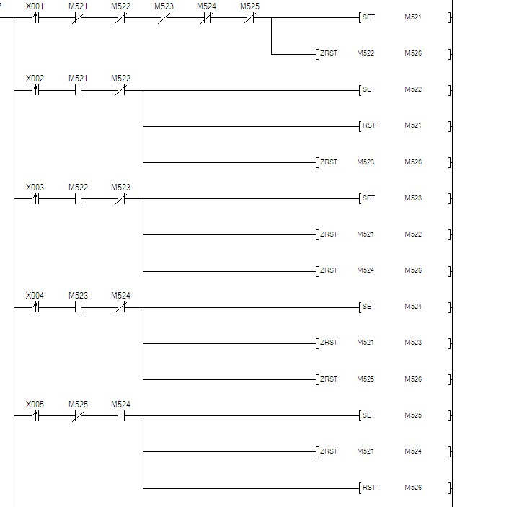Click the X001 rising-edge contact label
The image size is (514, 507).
click(x=35, y=6)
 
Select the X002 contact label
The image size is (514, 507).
click(x=35, y=79)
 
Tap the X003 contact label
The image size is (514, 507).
click(x=35, y=188)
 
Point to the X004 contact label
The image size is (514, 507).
click(x=35, y=296)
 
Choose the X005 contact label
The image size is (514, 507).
click(x=35, y=405)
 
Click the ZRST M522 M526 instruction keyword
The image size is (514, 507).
click(x=329, y=53)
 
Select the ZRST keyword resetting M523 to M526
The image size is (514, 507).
click(x=329, y=162)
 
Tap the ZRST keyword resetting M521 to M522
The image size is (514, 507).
click(x=329, y=234)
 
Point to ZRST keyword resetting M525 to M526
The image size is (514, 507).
click(x=329, y=379)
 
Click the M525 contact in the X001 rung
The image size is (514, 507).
click(x=249, y=18)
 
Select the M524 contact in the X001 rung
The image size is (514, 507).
click(x=206, y=18)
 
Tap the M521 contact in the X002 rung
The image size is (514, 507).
click(x=78, y=90)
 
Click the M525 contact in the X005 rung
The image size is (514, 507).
click(x=78, y=416)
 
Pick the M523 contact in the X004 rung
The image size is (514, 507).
click(x=78, y=307)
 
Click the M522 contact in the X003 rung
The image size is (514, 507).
click(x=78, y=199)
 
